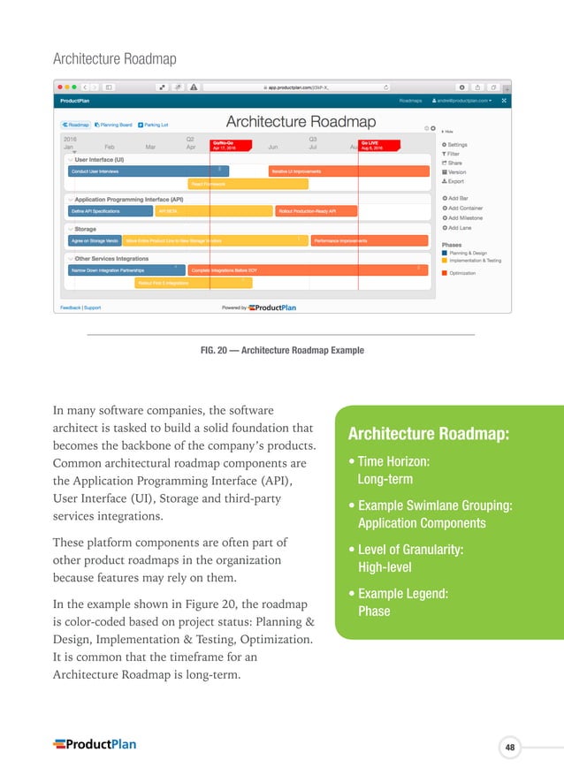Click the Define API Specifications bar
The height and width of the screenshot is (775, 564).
[111, 211]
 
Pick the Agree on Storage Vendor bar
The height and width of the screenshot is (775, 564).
[95, 240]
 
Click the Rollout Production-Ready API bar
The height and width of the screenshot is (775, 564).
[316, 211]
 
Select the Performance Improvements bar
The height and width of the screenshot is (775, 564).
[370, 240]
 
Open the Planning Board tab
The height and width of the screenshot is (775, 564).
[114, 125]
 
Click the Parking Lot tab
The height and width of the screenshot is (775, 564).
[156, 125]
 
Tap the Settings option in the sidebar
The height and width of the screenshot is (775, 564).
[457, 145]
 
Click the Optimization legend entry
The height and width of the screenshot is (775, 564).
[461, 273]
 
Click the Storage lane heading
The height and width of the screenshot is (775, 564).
[86, 229]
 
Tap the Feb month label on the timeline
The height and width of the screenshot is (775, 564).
[110, 147]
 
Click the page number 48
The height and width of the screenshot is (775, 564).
[510, 748]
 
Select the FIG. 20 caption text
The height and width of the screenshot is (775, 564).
[282, 351]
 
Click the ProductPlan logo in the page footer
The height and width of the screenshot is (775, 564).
[95, 744]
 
